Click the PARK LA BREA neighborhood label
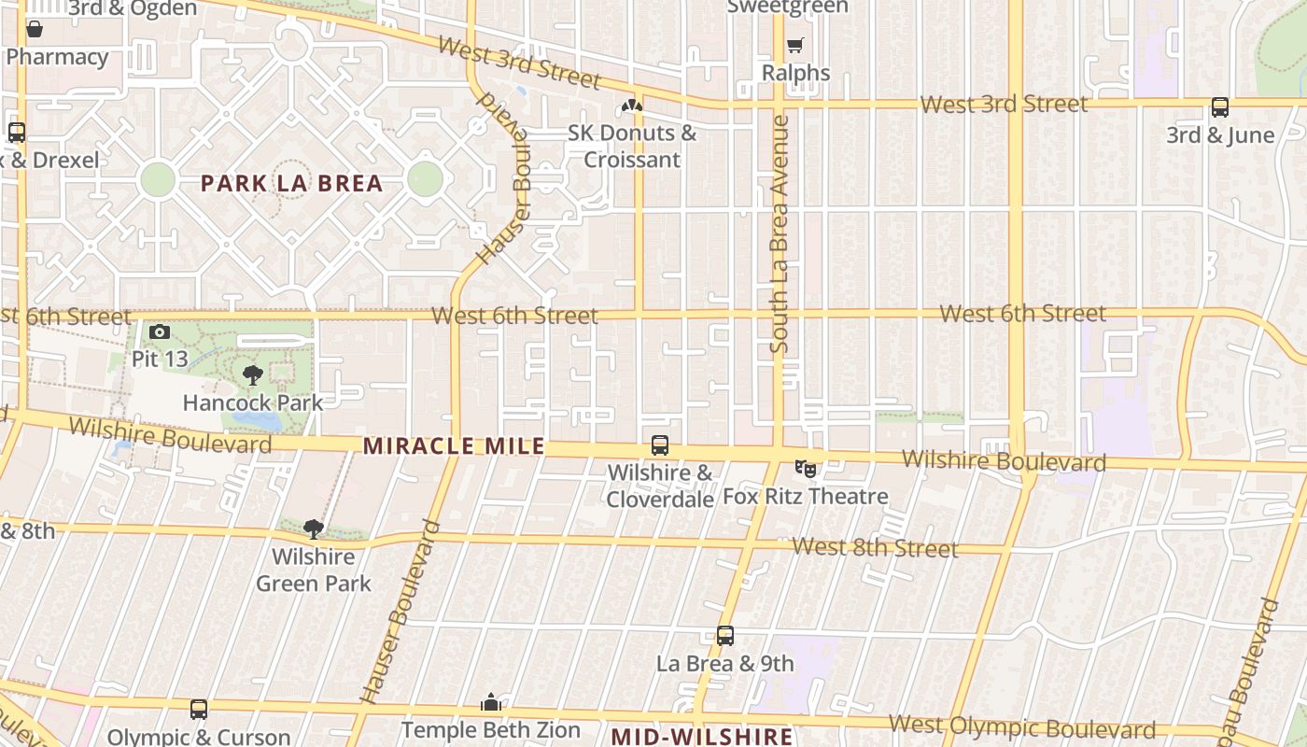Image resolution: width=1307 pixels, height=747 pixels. [x=292, y=183]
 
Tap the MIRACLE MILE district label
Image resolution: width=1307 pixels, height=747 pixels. [x=454, y=446]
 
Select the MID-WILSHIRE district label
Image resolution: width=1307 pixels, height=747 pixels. [x=702, y=736]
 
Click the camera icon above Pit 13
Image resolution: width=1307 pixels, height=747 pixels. [x=160, y=331]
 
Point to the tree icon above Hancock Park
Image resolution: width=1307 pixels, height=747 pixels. [x=252, y=375]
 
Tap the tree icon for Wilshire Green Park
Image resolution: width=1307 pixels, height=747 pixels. [x=314, y=529]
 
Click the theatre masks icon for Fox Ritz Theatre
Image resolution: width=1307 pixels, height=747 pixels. [x=805, y=468]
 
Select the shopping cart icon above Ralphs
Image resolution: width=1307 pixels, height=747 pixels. [x=794, y=45]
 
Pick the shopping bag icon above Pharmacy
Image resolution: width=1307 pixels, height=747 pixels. [x=35, y=29]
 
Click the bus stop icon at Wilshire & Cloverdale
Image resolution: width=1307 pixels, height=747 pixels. [x=660, y=445]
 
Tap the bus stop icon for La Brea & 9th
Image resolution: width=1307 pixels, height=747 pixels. [x=725, y=636]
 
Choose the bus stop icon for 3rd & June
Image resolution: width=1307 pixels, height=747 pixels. [x=1220, y=107]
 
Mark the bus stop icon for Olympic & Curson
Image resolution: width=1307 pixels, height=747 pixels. [x=199, y=710]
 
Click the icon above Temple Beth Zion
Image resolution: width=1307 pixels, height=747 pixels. [x=491, y=702]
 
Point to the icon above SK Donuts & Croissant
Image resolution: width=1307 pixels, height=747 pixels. [x=632, y=106]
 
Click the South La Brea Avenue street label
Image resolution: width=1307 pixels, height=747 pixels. [x=780, y=233]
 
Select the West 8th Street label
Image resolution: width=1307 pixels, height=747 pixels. [x=875, y=547]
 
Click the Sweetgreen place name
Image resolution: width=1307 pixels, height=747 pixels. [x=787, y=7]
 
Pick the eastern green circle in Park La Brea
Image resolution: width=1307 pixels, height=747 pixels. [x=425, y=178]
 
